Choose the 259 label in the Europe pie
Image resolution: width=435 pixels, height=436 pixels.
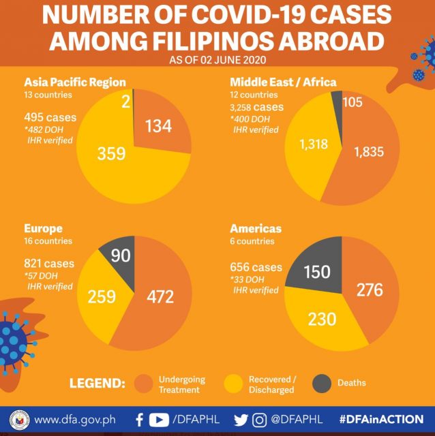coord(101,296)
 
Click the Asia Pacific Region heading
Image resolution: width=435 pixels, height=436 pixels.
coord(75,82)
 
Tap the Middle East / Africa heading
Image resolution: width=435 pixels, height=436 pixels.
coord(284,82)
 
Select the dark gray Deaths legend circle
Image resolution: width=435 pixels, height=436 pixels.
coord(322,383)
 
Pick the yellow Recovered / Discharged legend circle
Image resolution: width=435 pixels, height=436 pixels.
coord(234,383)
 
